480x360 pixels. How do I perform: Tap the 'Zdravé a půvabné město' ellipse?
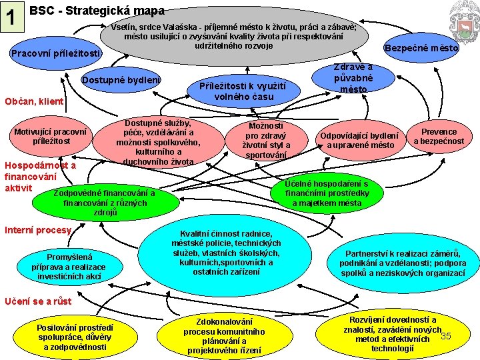[353, 79]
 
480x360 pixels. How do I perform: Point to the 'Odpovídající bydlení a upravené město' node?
[359, 140]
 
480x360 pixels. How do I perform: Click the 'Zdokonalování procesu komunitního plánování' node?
[224, 335]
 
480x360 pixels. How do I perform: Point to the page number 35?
[446, 335]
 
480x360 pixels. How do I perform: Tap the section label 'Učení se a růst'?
[38, 301]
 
